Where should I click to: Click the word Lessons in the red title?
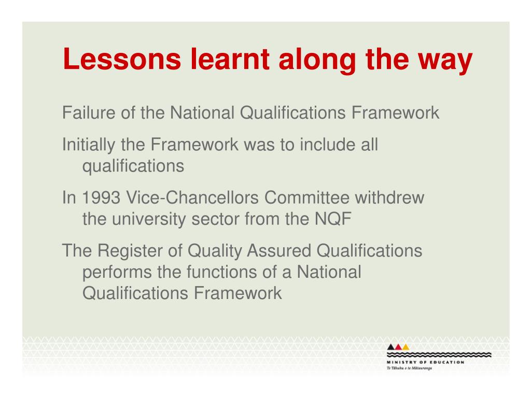(122, 59)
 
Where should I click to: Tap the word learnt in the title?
(230, 59)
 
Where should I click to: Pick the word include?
(328, 145)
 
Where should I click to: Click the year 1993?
(101, 197)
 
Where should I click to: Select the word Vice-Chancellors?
(192, 197)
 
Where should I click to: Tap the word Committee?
(307, 197)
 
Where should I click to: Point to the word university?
(149, 220)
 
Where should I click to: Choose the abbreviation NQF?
(333, 219)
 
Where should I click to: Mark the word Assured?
(278, 251)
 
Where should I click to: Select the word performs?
(117, 273)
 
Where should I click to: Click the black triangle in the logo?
(391, 347)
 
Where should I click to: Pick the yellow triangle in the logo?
(406, 347)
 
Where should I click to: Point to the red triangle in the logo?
(398, 347)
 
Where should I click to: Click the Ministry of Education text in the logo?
(425, 362)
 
